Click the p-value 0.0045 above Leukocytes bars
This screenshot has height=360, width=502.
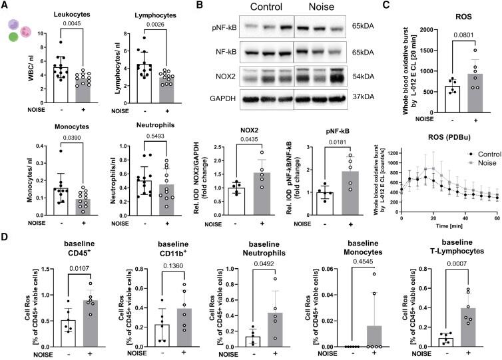[62, 28]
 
